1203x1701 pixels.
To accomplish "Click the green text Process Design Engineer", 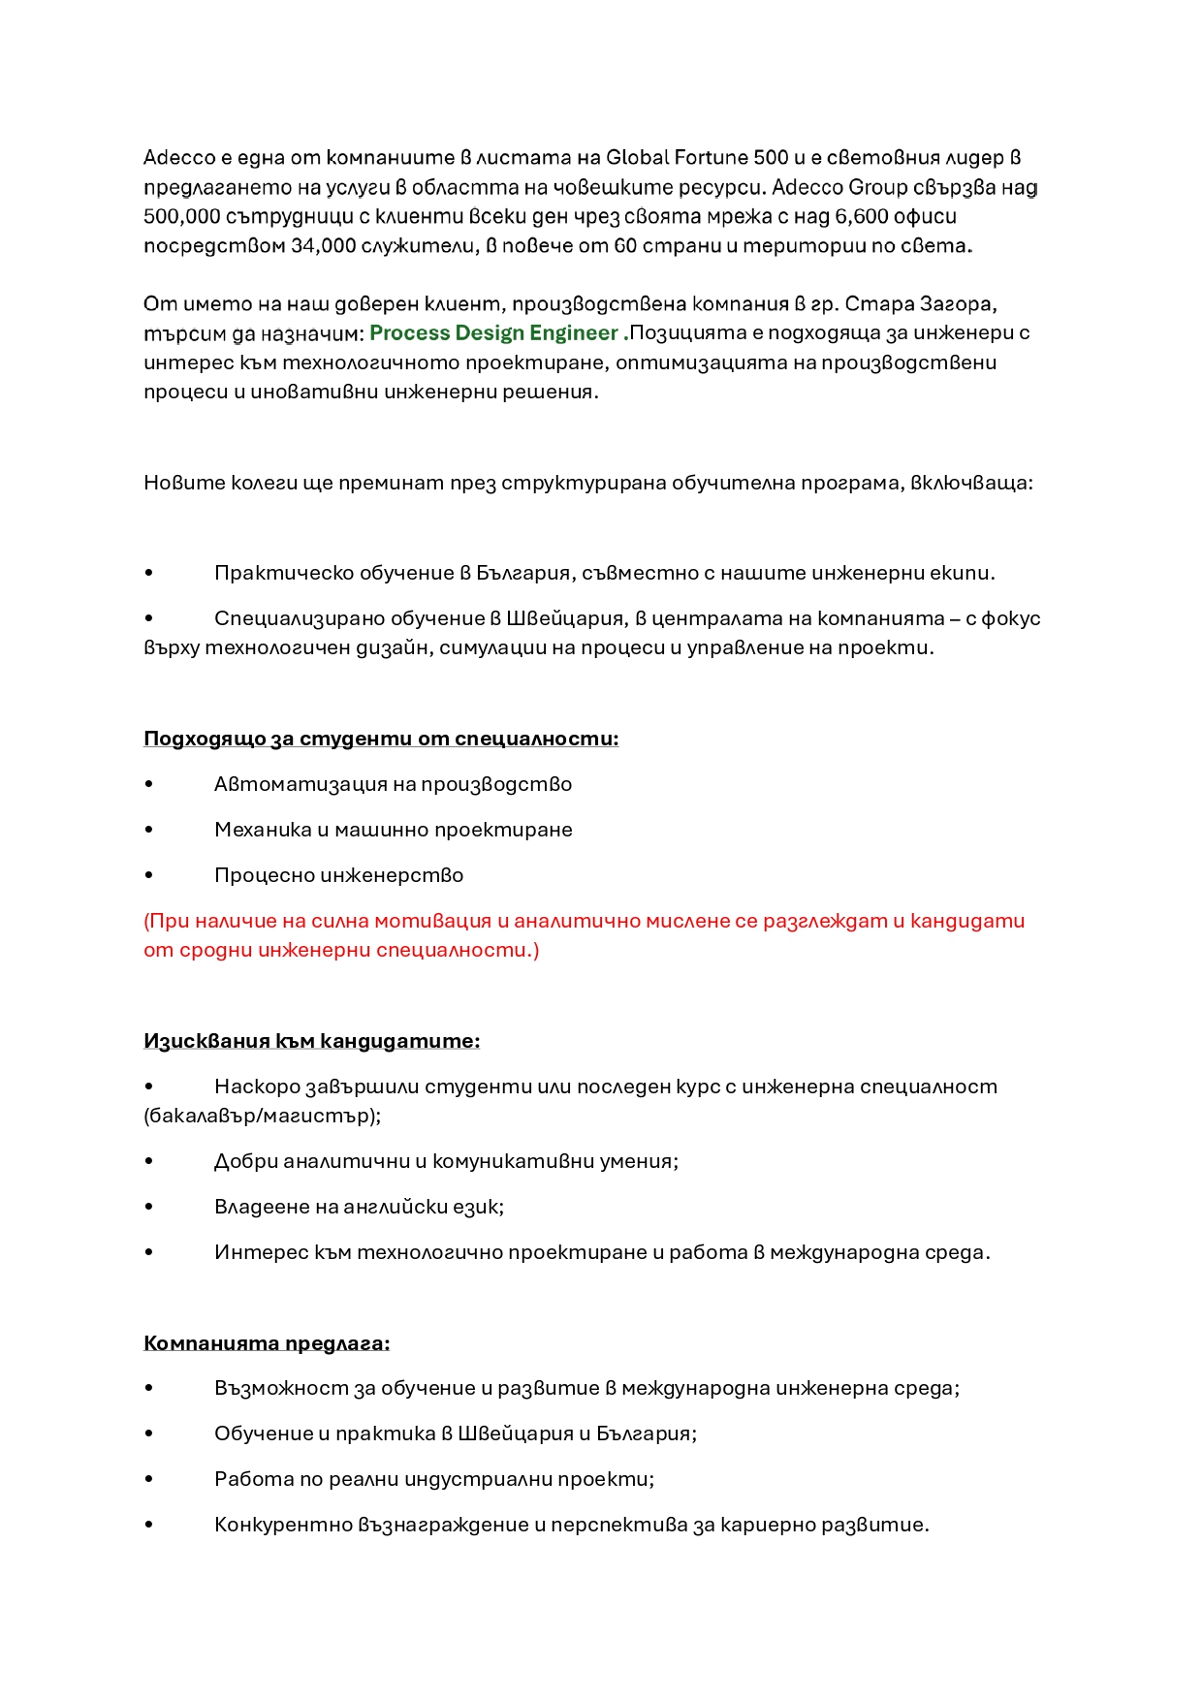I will [493, 333].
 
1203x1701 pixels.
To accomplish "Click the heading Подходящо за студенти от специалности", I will [381, 739].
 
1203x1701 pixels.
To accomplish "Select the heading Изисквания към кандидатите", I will [311, 1041].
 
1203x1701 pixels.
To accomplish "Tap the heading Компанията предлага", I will [267, 1343].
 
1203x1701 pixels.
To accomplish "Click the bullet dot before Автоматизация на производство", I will [149, 784].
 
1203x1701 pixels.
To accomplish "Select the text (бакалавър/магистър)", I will [262, 1116].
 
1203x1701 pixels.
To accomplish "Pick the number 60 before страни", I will [625, 246].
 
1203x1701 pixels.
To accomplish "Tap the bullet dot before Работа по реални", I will [149, 1479].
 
